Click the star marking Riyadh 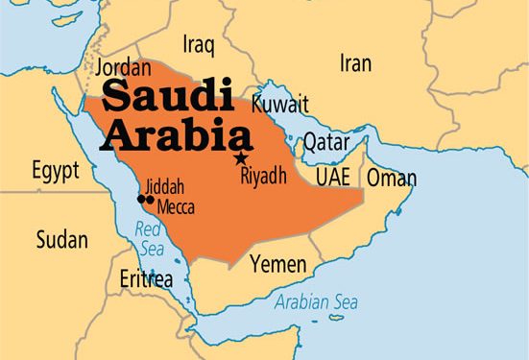240,157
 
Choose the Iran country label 355,63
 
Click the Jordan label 123,69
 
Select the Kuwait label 279,103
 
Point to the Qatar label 326,142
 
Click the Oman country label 392,178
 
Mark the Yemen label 278,262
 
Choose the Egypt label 56,172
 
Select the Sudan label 61,239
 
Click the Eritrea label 146,279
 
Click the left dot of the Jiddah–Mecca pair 141,199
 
